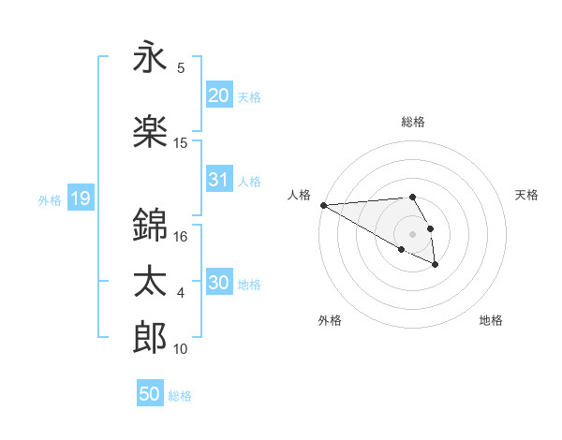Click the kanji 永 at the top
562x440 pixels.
click(150, 58)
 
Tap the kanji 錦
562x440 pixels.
click(150, 225)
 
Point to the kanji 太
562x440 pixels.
click(150, 282)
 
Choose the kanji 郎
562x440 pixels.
click(150, 338)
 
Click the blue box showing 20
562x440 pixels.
click(218, 95)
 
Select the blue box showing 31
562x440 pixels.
click(218, 180)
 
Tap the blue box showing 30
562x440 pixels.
click(218, 283)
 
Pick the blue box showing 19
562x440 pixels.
click(80, 198)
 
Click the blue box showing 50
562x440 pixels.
click(150, 394)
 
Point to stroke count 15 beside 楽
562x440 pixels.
click(181, 143)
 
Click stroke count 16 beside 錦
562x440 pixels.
click(181, 237)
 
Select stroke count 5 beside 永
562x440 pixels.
click(181, 68)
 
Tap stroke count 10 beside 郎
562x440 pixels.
click(181, 349)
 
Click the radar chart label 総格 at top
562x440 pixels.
click(413, 123)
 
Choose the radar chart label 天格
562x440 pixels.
click(527, 195)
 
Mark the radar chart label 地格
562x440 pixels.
click(491, 320)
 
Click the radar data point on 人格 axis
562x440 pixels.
click(323, 205)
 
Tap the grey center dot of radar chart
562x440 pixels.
click(413, 232)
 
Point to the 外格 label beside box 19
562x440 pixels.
click(50, 199)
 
